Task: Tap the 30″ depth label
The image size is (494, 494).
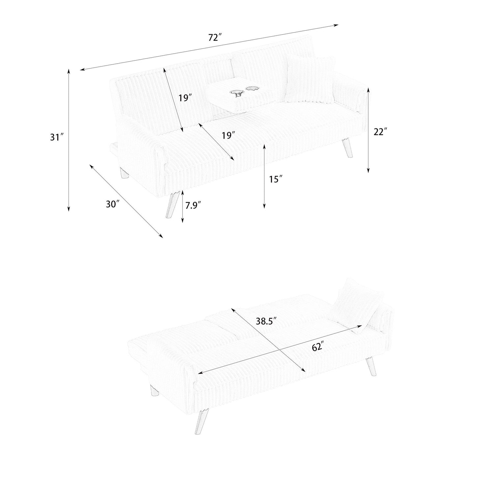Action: [x=112, y=204]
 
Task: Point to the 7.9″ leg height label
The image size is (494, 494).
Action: [x=193, y=206]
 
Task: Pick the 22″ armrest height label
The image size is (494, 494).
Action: [x=380, y=132]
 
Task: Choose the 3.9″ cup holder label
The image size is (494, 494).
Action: [x=239, y=96]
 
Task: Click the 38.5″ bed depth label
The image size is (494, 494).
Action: [x=266, y=321]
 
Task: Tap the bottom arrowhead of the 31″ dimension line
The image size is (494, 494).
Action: [x=69, y=208]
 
